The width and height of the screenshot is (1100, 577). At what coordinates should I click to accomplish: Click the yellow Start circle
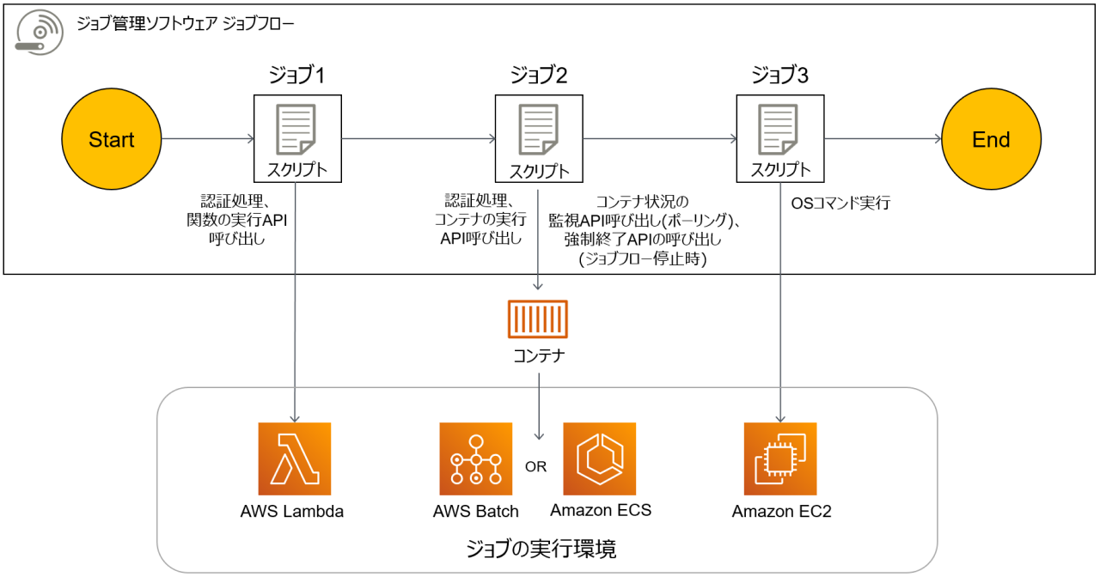[111, 139]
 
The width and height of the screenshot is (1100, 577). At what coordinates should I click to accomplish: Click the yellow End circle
[991, 139]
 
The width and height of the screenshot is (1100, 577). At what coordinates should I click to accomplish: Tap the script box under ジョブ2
[539, 138]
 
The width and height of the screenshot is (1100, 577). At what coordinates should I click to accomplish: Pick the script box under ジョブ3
[780, 138]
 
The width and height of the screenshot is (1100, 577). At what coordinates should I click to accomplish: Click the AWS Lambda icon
[294, 459]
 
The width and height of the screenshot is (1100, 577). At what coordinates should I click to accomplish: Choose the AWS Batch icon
[475, 459]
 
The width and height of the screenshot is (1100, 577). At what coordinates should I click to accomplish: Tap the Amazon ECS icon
[600, 459]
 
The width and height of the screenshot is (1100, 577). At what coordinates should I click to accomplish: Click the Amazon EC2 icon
[780, 459]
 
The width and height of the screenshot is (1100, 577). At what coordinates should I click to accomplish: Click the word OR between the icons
[536, 467]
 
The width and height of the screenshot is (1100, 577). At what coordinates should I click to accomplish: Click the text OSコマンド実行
[840, 204]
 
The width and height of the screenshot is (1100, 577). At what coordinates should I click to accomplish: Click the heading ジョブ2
[539, 76]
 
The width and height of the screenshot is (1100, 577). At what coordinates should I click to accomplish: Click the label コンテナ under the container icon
[538, 355]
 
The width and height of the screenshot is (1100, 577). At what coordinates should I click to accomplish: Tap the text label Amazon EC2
[781, 513]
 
